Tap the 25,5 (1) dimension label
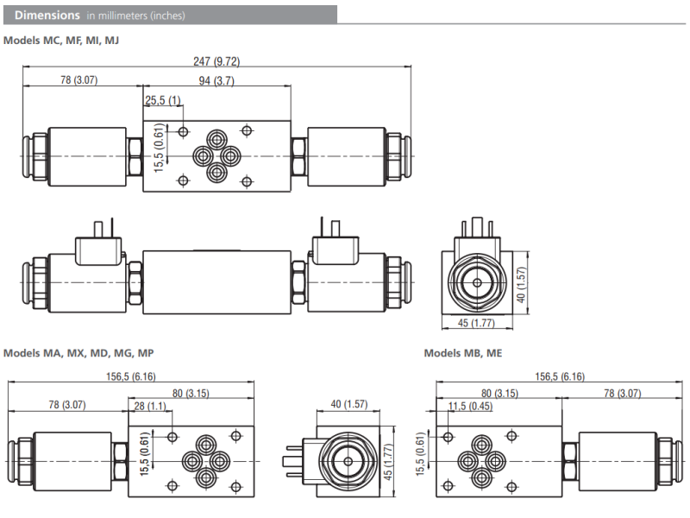(163, 101)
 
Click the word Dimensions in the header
(47, 15)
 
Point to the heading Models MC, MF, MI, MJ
(61, 40)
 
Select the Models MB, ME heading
(462, 353)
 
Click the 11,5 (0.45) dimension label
(470, 407)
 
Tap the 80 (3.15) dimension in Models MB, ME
(499, 393)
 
